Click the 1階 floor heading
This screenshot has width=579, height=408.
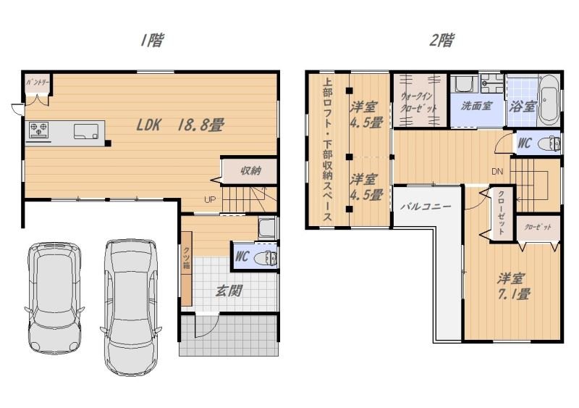tap(151, 40)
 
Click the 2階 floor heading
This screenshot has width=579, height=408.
tap(441, 40)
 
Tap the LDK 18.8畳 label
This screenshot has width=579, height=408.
tap(180, 125)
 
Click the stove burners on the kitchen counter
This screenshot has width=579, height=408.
tap(39, 130)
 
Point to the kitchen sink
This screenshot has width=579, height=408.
tap(87, 131)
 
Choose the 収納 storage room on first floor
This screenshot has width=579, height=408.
tap(250, 171)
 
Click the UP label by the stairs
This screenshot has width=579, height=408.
tap(210, 200)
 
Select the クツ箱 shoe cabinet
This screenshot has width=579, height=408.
tap(187, 269)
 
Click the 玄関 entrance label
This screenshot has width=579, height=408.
tap(229, 291)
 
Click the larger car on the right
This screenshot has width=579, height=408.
tap(131, 307)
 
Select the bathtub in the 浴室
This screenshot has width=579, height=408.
tap(549, 100)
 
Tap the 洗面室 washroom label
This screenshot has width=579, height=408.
tap(476, 106)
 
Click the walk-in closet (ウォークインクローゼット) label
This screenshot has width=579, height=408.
tap(419, 102)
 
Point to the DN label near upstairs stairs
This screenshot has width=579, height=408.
tap(497, 172)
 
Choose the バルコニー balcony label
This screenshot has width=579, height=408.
tap(426, 207)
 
